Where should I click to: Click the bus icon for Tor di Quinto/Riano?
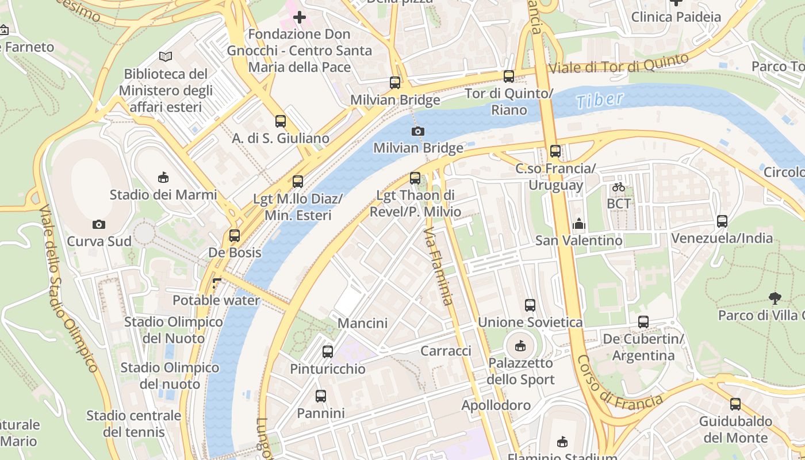[x=509, y=76]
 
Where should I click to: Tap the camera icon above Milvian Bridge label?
[x=418, y=131]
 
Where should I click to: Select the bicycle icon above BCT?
[x=619, y=186]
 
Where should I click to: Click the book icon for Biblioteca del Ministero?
[x=166, y=56]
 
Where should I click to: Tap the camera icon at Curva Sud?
[x=99, y=224]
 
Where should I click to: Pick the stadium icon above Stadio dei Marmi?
[x=163, y=177]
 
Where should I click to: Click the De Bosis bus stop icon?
[x=234, y=235]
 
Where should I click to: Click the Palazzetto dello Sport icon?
[x=520, y=346]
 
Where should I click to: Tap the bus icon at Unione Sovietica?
[x=530, y=305]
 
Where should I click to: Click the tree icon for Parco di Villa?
[x=775, y=298]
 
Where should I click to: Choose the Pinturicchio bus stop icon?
[x=328, y=351]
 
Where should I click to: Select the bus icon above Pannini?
[x=321, y=396]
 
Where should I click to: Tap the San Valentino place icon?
[x=579, y=223]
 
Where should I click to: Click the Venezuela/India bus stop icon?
[x=722, y=221]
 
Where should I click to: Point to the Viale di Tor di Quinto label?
[x=619, y=64]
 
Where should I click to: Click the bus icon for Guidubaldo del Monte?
[x=735, y=404]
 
